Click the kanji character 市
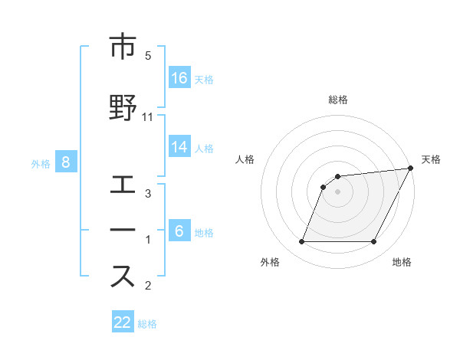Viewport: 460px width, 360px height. click(122, 47)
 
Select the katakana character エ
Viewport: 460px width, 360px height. click(122, 186)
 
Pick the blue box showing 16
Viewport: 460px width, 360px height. click(179, 77)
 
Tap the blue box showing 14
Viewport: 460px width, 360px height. click(179, 147)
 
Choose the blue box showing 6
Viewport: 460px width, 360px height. click(179, 231)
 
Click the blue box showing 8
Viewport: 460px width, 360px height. click(66, 162)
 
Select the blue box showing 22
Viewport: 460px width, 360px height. click(123, 322)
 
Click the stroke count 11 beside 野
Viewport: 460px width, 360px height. click(148, 116)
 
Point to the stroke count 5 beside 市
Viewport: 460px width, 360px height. click(148, 56)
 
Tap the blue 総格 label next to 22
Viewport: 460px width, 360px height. click(147, 324)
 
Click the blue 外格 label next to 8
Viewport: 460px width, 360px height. click(40, 163)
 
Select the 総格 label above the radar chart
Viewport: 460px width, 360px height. click(338, 100)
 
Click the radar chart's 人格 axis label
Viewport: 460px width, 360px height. click(245, 159)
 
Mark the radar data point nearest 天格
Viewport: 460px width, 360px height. click(411, 169)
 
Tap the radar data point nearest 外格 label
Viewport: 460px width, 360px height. click(301, 242)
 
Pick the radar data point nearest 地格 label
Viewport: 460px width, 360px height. click(374, 242)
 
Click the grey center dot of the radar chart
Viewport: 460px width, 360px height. click(338, 191)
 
